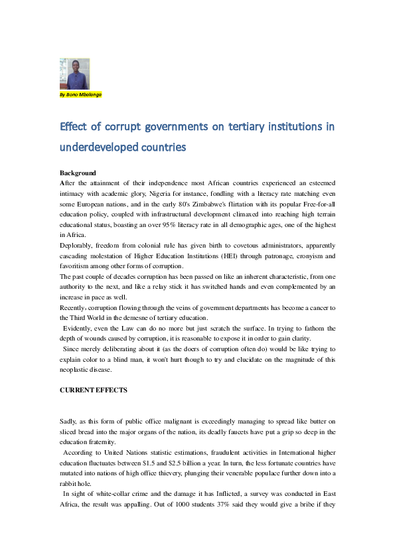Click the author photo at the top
[74, 74]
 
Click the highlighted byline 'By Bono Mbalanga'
[80, 94]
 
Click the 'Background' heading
[78, 173]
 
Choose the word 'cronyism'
[300, 256]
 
